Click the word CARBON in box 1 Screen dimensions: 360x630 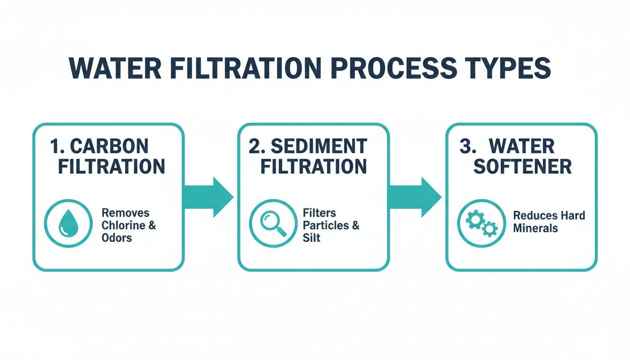coord(109,147)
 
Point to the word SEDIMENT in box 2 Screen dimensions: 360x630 coord(319,147)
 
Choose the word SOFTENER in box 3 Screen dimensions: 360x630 coord(522,167)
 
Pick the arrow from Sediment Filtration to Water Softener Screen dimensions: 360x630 coord(417,197)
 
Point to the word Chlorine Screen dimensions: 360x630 coord(124,225)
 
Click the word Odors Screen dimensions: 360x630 coord(117,238)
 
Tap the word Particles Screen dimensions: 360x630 coord(326,225)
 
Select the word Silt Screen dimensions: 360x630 coord(311,238)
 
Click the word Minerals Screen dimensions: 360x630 coord(535,228)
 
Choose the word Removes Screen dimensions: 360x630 coord(125,213)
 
